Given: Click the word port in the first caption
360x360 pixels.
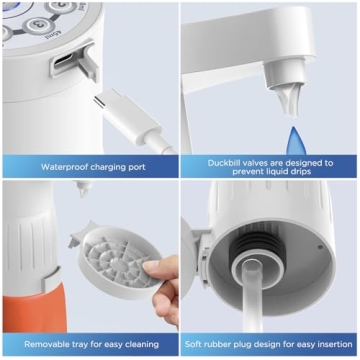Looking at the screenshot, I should click(x=138, y=167).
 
